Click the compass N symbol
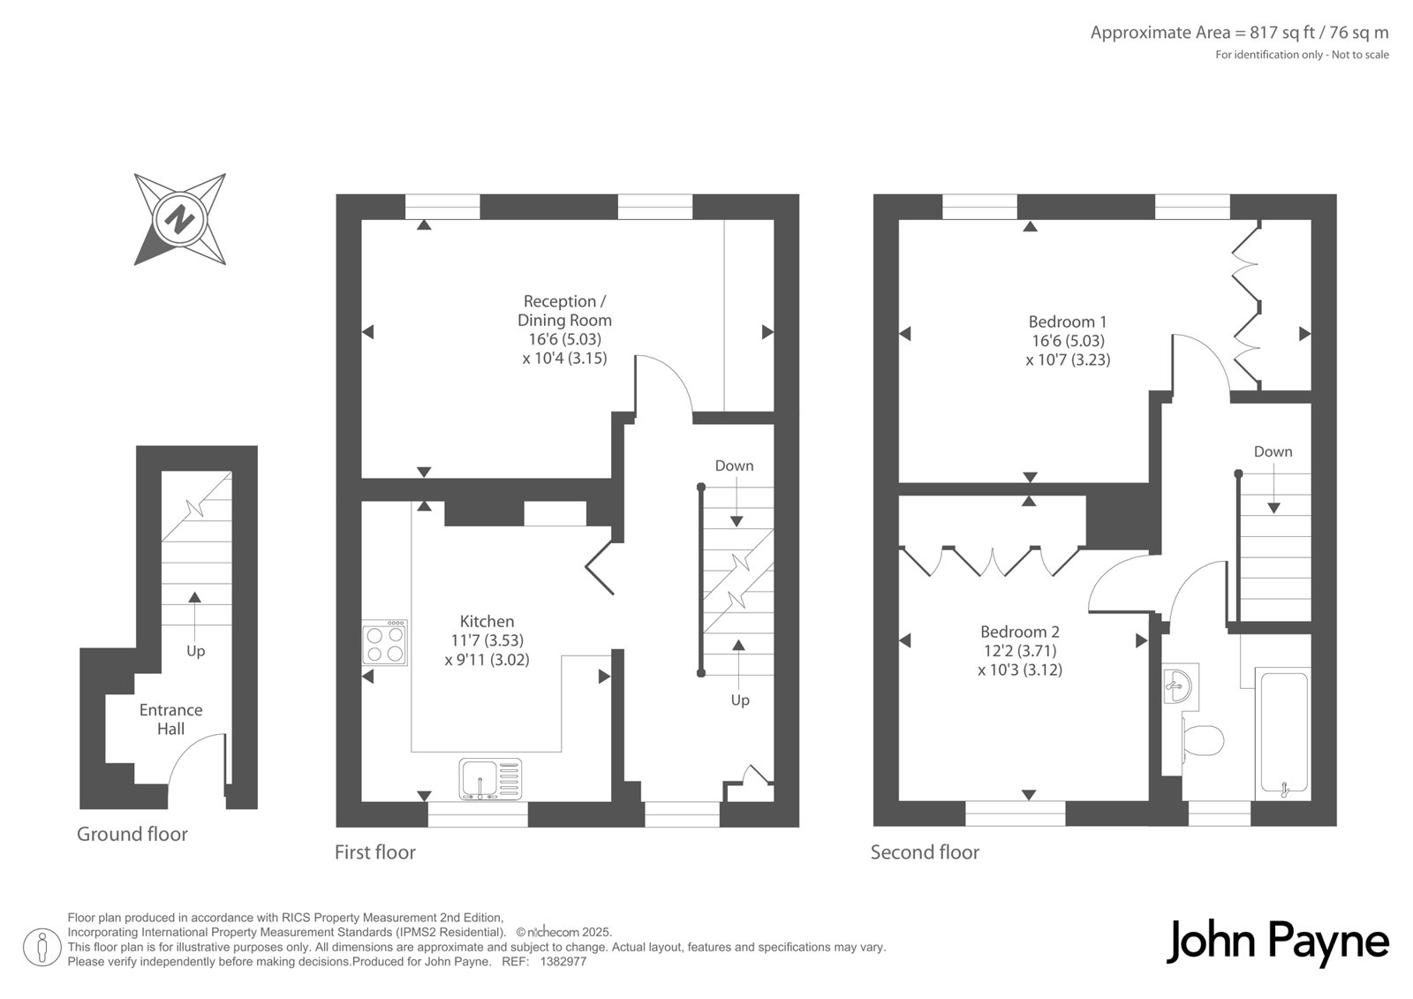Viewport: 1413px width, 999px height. click(x=180, y=219)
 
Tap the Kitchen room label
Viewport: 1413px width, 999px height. click(x=487, y=622)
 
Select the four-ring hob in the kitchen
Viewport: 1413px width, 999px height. click(x=385, y=643)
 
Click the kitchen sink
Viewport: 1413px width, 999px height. click(x=491, y=779)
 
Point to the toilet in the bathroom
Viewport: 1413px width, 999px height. click(x=1202, y=740)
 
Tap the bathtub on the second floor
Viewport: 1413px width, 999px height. click(x=1284, y=733)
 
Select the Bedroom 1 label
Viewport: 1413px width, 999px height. click(x=1068, y=322)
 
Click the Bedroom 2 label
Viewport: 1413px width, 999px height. click(x=1020, y=632)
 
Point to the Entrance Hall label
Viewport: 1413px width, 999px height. click(x=171, y=719)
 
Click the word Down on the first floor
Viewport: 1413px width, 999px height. click(x=734, y=465)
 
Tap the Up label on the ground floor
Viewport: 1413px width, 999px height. click(x=195, y=651)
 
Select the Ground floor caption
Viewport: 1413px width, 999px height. click(x=132, y=835)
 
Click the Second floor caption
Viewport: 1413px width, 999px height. click(x=925, y=852)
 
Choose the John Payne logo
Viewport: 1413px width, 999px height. click(x=1277, y=942)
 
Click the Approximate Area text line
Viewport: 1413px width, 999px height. click(x=1240, y=33)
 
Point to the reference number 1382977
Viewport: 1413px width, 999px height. click(x=563, y=962)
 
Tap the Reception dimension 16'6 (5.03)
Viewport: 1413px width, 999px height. click(x=564, y=339)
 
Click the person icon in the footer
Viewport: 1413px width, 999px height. click(x=42, y=947)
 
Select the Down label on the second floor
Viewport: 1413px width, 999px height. click(x=1273, y=452)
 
